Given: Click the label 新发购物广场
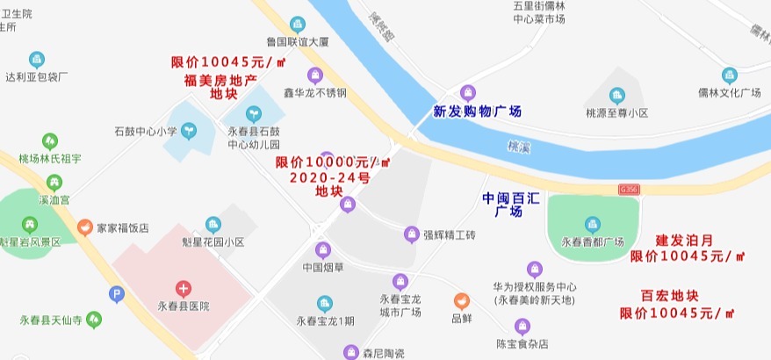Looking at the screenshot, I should [x=477, y=112].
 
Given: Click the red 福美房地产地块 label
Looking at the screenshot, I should [x=220, y=87].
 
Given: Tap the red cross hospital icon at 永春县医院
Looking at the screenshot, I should [x=183, y=287].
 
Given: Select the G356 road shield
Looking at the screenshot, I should [x=629, y=189].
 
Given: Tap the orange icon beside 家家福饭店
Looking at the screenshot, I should [x=85, y=227].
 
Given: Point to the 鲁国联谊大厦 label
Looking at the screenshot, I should [x=297, y=41].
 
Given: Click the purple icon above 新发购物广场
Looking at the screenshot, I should [x=468, y=92].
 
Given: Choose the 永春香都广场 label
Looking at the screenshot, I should [x=592, y=242].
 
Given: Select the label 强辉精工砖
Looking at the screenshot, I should [x=449, y=234].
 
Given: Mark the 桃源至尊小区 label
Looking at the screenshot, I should [x=616, y=113].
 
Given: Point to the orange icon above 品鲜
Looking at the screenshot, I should [x=461, y=300].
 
